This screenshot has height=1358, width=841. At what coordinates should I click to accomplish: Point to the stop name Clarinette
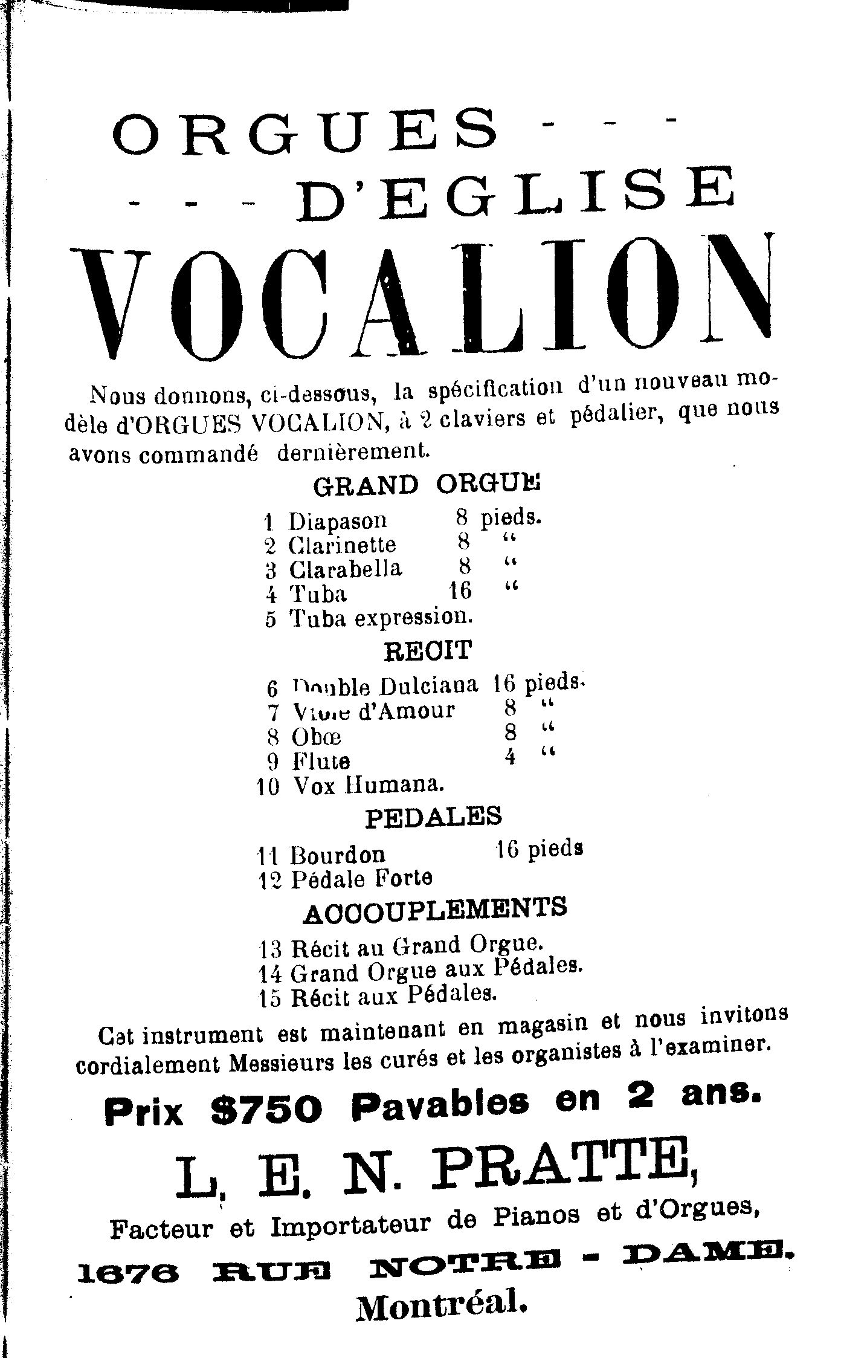tap(342, 545)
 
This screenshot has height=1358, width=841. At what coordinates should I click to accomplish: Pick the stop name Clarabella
tap(345, 569)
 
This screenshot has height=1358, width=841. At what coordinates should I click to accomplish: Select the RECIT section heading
tap(428, 651)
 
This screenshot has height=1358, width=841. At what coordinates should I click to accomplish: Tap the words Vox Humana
tap(369, 786)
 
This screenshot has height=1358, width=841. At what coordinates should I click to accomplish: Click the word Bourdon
tap(337, 855)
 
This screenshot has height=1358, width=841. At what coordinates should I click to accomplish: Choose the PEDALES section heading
tap(433, 817)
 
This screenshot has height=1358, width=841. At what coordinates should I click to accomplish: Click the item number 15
tap(269, 998)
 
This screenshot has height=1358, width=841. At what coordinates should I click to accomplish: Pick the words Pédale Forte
tap(361, 879)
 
